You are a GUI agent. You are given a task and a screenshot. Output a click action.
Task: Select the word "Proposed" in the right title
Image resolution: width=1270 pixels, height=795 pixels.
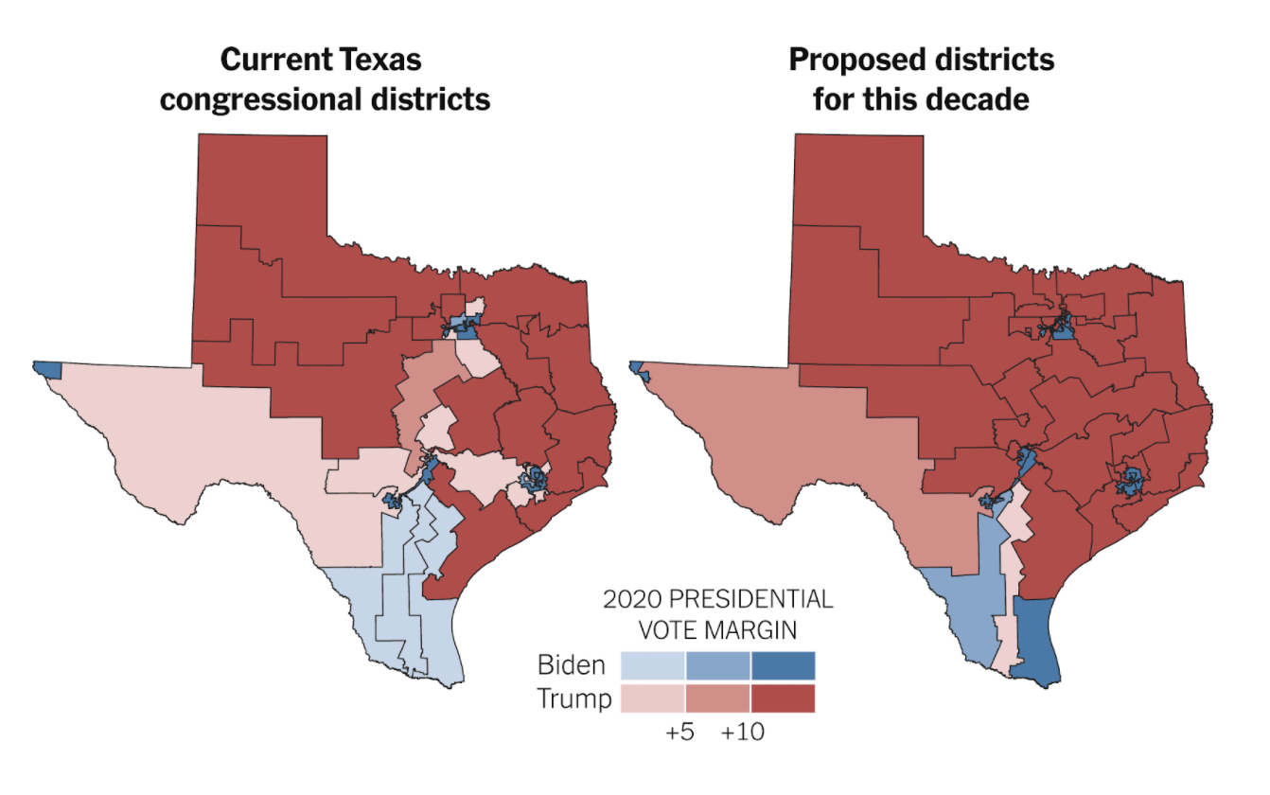(857, 61)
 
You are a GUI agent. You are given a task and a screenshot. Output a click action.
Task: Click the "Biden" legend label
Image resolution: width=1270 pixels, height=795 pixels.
(572, 665)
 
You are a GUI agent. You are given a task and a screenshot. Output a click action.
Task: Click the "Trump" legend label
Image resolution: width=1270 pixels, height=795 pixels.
(574, 698)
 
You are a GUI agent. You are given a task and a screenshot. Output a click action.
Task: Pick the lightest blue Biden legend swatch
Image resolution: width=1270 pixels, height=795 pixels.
(653, 665)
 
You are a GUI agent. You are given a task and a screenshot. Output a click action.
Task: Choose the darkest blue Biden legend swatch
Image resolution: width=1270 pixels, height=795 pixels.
(784, 665)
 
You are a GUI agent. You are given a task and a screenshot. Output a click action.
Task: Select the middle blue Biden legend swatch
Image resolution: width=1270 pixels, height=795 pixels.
(718, 665)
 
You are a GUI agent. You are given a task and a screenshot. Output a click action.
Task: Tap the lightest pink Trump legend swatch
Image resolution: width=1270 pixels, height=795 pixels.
(653, 698)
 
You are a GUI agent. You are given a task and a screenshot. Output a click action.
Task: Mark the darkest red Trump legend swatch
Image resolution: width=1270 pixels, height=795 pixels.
(784, 698)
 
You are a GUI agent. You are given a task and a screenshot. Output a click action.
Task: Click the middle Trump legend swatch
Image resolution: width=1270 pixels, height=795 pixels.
(718, 698)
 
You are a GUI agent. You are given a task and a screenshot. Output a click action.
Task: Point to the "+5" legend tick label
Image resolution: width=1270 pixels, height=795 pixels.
(679, 732)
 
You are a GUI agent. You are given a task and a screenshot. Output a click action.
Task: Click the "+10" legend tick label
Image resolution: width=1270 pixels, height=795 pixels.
(743, 732)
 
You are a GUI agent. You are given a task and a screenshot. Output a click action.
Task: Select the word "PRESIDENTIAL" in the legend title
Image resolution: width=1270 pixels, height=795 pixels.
(751, 599)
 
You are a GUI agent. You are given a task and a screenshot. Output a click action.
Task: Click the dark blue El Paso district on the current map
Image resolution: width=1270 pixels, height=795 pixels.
(47, 369)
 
